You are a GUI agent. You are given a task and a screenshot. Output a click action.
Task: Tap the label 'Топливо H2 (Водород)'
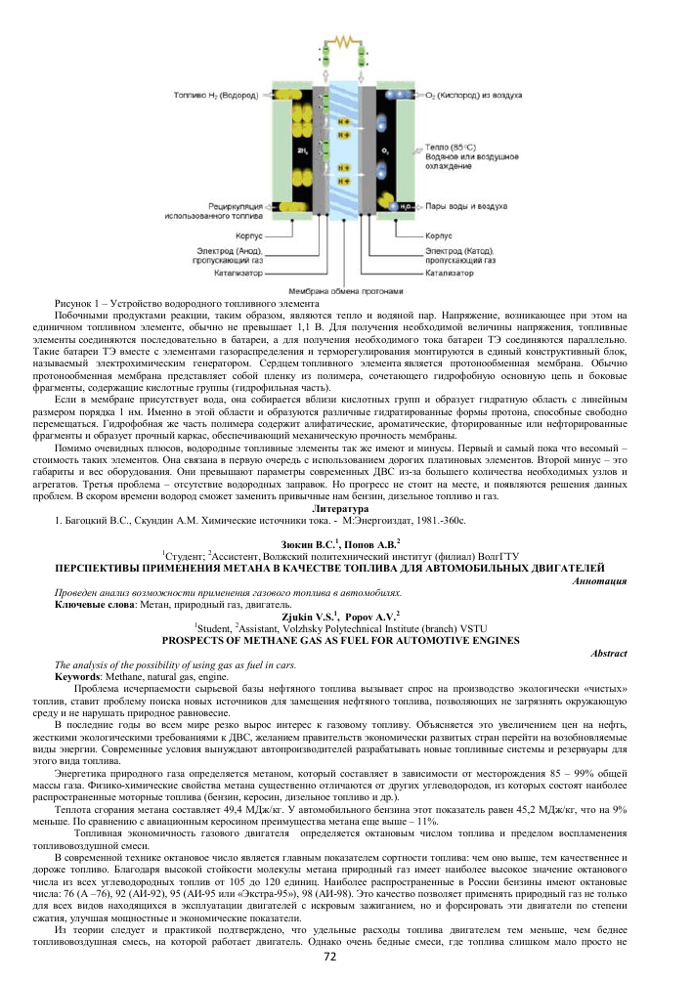216,98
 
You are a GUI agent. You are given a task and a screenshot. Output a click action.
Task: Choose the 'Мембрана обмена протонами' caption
344,290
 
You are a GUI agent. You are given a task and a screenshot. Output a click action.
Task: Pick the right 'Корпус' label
438,235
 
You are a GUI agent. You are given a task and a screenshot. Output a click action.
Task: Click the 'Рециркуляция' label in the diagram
234,206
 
